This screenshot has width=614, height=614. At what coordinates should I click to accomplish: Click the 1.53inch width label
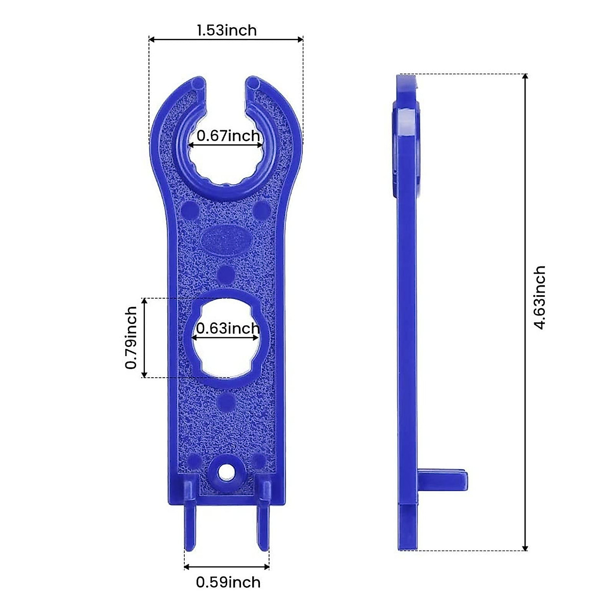pos(226,30)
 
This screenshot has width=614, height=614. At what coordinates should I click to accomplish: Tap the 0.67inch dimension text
pos(228,136)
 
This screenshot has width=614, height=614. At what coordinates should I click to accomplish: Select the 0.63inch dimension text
pos(228,328)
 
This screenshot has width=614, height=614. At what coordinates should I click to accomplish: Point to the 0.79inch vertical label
pos(131,338)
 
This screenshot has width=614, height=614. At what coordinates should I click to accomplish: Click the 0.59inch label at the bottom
pos(228,582)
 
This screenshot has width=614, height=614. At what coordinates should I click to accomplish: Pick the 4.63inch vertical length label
pos(540,298)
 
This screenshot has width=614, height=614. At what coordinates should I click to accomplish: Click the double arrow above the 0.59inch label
pos(227,566)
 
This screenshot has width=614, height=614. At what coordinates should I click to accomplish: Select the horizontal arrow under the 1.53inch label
pos(226,39)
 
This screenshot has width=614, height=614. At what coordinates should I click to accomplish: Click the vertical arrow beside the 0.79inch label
pos(145,338)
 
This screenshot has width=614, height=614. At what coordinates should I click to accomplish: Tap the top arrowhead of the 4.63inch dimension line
pos(525,78)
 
